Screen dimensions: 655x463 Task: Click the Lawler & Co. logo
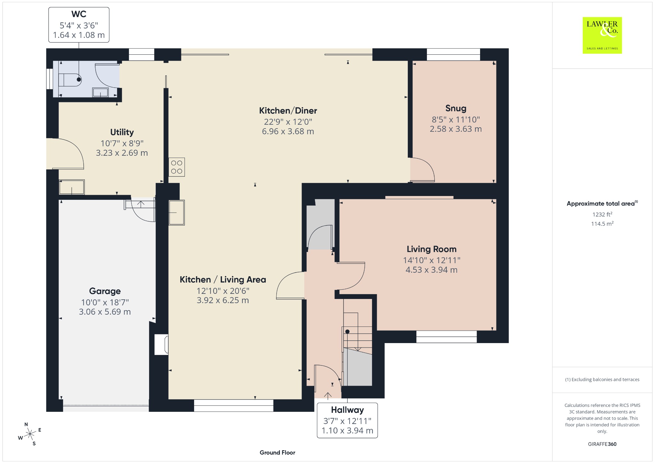point(602,35)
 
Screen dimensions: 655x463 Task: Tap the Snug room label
point(456,108)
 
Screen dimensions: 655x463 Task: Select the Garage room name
point(105,291)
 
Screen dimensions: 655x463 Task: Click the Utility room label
point(122,132)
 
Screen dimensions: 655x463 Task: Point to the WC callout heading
point(79,14)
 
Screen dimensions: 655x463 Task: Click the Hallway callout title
point(347,410)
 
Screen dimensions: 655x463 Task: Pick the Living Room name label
point(431,249)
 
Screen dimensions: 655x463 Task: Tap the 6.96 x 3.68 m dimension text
point(288,131)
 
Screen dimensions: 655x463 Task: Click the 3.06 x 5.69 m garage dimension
point(105,312)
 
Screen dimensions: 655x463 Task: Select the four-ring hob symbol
point(177,167)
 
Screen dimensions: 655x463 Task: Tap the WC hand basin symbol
point(100,92)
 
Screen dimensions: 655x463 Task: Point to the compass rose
point(30,434)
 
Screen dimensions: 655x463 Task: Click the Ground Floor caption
point(277,452)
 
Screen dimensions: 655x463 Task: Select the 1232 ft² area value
point(602,214)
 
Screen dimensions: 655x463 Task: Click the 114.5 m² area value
point(602,224)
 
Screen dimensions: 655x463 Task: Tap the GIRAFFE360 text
point(602,444)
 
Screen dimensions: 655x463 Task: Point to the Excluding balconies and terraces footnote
point(602,380)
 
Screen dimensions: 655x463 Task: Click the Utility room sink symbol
point(72,187)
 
